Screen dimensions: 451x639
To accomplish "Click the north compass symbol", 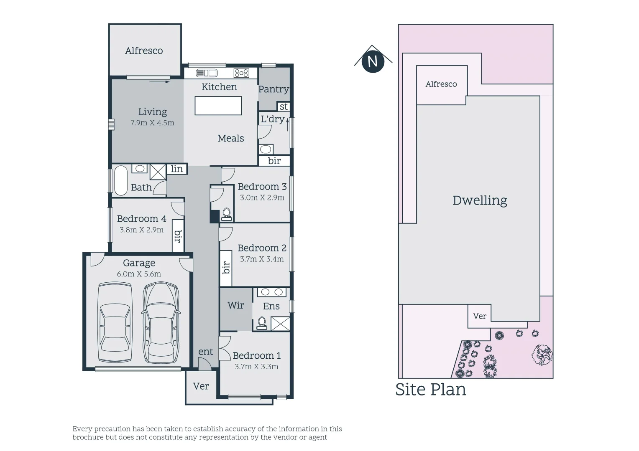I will tap(372, 61).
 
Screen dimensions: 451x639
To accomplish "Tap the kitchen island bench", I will tap(218, 106).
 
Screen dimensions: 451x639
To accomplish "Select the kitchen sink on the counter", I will tap(207, 73).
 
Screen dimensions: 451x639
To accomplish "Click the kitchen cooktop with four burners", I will tap(241, 73).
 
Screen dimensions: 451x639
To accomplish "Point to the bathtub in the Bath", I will tap(120, 180).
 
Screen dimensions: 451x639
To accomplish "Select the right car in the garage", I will tap(161, 323).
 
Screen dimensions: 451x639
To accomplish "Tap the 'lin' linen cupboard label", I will tap(177, 169).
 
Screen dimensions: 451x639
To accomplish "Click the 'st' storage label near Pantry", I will tap(284, 107).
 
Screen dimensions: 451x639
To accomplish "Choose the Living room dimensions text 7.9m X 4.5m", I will tap(152, 123).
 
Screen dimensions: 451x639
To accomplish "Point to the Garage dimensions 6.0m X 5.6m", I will tap(139, 274).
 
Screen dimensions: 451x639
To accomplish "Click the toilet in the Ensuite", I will tap(262, 323).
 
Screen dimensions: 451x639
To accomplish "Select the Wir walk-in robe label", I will tap(236, 305).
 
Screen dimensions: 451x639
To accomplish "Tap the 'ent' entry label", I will tap(205, 352).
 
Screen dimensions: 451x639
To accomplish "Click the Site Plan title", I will tap(430, 389).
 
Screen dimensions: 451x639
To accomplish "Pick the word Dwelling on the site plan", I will tap(480, 200).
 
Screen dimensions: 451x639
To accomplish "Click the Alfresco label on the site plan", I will tap(441, 84).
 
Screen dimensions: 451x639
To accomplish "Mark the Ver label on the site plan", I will tap(480, 316).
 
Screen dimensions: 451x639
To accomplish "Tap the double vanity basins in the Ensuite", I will tap(272, 292).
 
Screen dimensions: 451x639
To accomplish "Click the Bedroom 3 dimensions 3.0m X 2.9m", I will tap(262, 198).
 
